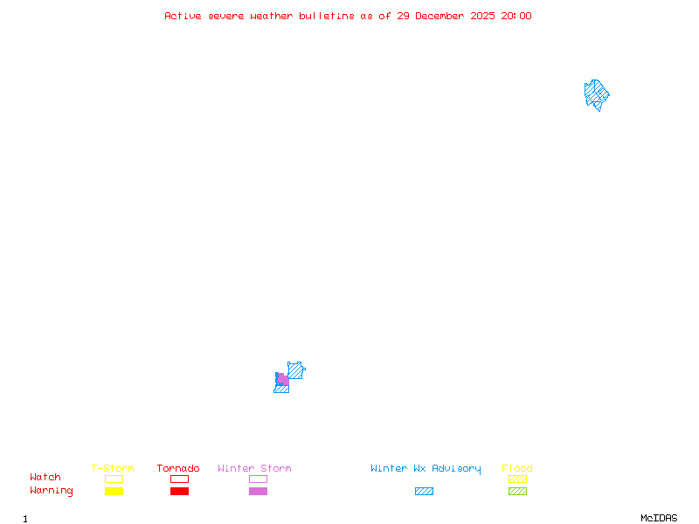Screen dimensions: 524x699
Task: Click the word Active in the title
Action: click(184, 16)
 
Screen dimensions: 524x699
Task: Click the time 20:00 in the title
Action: click(517, 16)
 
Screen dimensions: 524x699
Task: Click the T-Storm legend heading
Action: click(113, 469)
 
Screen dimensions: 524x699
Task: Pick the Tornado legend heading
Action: click(178, 469)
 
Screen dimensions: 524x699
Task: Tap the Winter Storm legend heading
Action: click(254, 469)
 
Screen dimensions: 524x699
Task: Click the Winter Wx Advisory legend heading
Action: click(426, 469)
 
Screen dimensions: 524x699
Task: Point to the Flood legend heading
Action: click(517, 469)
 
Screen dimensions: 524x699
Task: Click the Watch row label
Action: click(45, 478)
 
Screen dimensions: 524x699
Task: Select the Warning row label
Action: click(52, 491)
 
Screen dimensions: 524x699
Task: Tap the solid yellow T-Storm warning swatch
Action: click(114, 491)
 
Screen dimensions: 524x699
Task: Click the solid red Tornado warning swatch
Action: click(179, 491)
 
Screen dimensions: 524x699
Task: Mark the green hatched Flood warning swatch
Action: click(517, 491)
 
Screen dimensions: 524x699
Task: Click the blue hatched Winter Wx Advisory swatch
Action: click(424, 491)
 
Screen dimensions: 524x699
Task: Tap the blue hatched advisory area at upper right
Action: click(596, 93)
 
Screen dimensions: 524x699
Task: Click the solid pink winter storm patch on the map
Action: click(283, 380)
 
